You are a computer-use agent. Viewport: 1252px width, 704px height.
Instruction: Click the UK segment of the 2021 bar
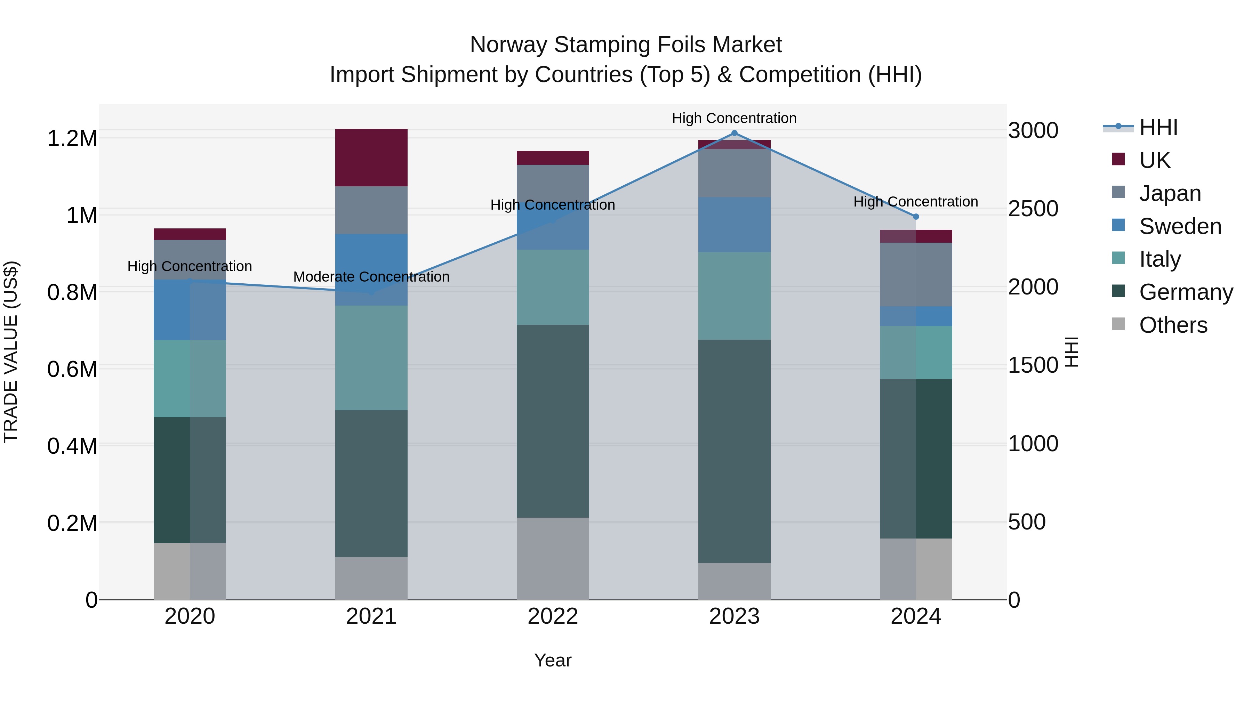pyautogui.click(x=371, y=157)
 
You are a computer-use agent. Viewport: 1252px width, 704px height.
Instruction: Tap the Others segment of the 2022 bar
pyautogui.click(x=553, y=558)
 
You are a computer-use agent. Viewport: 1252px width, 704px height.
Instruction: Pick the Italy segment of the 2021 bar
pyautogui.click(x=371, y=358)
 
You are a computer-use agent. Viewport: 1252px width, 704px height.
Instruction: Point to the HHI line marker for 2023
pyautogui.click(x=735, y=133)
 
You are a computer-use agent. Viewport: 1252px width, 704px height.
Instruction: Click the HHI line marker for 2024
pyautogui.click(x=916, y=217)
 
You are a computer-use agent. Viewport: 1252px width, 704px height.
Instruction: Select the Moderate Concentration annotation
pyautogui.click(x=371, y=277)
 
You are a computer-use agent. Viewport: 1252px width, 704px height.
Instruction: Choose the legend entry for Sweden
pyautogui.click(x=1180, y=226)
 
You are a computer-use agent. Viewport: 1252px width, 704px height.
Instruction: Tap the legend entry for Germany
pyautogui.click(x=1186, y=292)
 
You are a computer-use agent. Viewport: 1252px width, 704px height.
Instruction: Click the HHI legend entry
pyautogui.click(x=1158, y=127)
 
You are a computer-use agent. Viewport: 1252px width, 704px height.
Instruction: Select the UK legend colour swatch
pyautogui.click(x=1118, y=159)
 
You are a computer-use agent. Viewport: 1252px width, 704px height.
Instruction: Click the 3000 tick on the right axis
pyautogui.click(x=1033, y=130)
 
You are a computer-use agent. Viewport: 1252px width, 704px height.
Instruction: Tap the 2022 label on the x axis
pyautogui.click(x=553, y=616)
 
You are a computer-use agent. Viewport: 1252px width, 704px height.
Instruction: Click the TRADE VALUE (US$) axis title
pyautogui.click(x=11, y=352)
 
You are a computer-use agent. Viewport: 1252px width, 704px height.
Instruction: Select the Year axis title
pyautogui.click(x=553, y=660)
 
